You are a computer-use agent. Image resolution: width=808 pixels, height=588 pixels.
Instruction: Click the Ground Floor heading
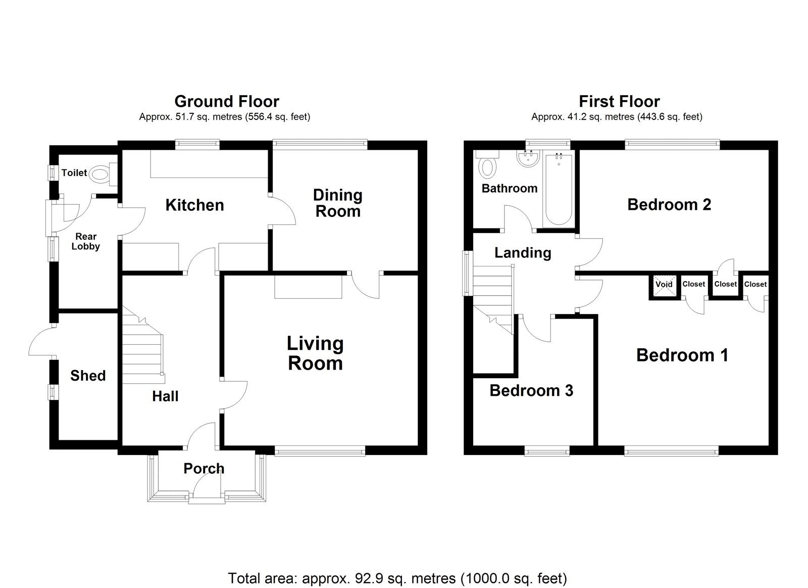pyautogui.click(x=227, y=102)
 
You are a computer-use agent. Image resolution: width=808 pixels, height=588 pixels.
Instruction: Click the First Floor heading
pyautogui.click(x=619, y=102)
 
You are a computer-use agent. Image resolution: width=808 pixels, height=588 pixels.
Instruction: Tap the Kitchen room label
pyautogui.click(x=195, y=205)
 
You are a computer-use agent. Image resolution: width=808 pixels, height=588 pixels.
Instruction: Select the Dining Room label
pyautogui.click(x=338, y=203)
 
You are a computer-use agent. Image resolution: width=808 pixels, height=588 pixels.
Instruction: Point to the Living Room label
pyautogui.click(x=315, y=353)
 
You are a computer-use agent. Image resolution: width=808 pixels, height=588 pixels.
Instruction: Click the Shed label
pyautogui.click(x=88, y=376)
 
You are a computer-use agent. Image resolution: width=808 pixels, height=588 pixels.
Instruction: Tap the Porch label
pyautogui.click(x=204, y=469)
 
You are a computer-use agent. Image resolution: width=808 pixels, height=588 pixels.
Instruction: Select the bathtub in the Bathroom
pyautogui.click(x=559, y=190)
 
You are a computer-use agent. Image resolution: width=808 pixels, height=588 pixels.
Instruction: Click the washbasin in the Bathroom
pyautogui.click(x=528, y=158)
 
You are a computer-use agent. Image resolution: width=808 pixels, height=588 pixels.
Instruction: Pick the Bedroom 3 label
pyautogui.click(x=531, y=391)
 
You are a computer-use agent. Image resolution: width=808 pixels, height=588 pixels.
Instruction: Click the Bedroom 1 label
pyautogui.click(x=682, y=355)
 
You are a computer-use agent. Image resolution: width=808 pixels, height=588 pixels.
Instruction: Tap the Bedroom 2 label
pyautogui.click(x=669, y=205)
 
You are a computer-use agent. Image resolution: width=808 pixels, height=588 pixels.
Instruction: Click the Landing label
pyautogui.click(x=523, y=253)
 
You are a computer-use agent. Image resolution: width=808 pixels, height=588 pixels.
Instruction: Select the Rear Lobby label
pyautogui.click(x=85, y=241)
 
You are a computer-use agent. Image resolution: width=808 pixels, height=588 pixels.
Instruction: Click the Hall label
pyautogui.click(x=165, y=396)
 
